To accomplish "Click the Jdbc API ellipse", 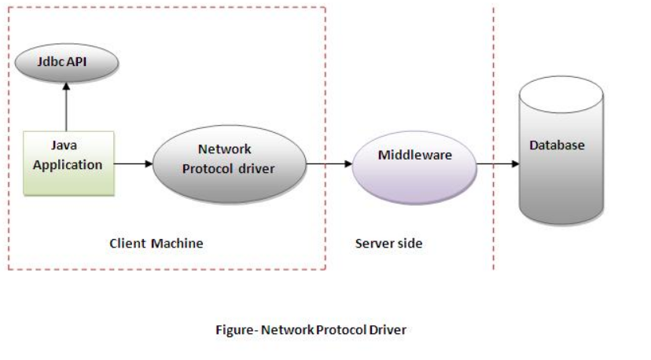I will click(x=67, y=61).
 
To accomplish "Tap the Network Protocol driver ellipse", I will click(x=228, y=163).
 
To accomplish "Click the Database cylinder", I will click(x=561, y=153).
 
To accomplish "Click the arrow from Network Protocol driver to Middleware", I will click(x=329, y=163).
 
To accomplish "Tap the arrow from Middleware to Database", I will click(x=498, y=163).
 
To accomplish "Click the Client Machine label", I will click(x=156, y=244).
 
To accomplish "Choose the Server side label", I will click(x=388, y=244).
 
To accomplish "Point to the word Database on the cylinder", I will click(x=557, y=145).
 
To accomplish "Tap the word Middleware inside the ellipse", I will click(x=414, y=155).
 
